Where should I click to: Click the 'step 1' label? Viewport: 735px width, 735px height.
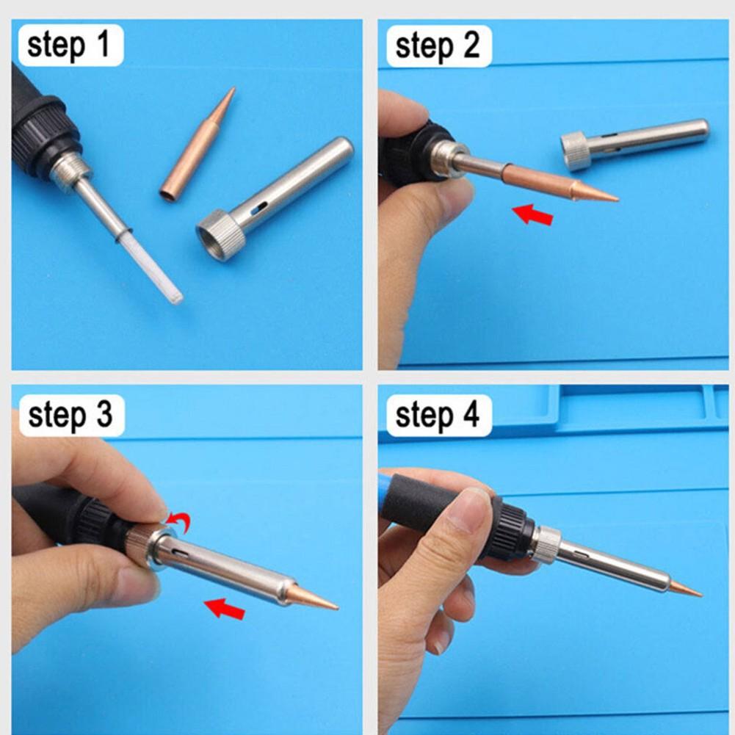point(68,46)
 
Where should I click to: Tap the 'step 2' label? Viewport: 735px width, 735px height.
point(438,46)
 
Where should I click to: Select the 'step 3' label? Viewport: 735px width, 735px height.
point(70,416)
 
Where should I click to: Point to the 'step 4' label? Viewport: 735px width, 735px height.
point(438,416)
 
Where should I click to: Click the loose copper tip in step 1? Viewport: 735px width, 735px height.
point(198,144)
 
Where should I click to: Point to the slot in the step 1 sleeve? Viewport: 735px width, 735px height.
point(258,208)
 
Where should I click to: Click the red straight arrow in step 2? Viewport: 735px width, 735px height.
point(533,214)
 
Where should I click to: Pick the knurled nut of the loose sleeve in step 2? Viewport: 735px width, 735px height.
point(577,151)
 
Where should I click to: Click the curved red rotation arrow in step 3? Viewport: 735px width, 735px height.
point(180,521)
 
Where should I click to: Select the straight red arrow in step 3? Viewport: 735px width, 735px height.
point(225,609)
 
